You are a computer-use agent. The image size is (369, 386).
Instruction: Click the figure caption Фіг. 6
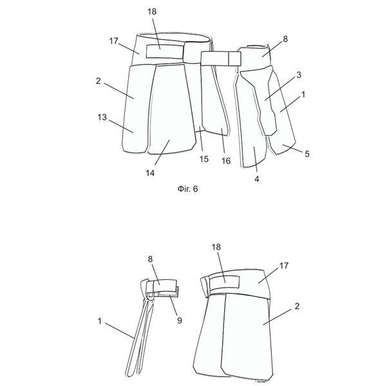187,188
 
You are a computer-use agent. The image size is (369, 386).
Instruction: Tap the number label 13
102,118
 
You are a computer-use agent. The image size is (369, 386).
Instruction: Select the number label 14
150,173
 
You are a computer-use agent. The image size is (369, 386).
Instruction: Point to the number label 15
204,159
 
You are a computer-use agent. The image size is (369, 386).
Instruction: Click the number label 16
226,161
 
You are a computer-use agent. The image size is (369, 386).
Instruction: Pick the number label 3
299,75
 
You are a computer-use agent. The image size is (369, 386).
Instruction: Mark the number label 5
307,154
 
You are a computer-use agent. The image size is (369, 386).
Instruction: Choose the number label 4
257,179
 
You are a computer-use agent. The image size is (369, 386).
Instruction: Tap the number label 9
180,320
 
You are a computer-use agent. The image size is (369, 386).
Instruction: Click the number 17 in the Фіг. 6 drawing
113,41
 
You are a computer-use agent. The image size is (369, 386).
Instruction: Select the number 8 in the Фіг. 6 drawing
285,39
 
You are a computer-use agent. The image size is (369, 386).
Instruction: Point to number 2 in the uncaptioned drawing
297,306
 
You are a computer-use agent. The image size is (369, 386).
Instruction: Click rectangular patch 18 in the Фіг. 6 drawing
165,51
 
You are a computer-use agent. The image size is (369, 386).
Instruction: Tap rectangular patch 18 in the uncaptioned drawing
224,282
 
